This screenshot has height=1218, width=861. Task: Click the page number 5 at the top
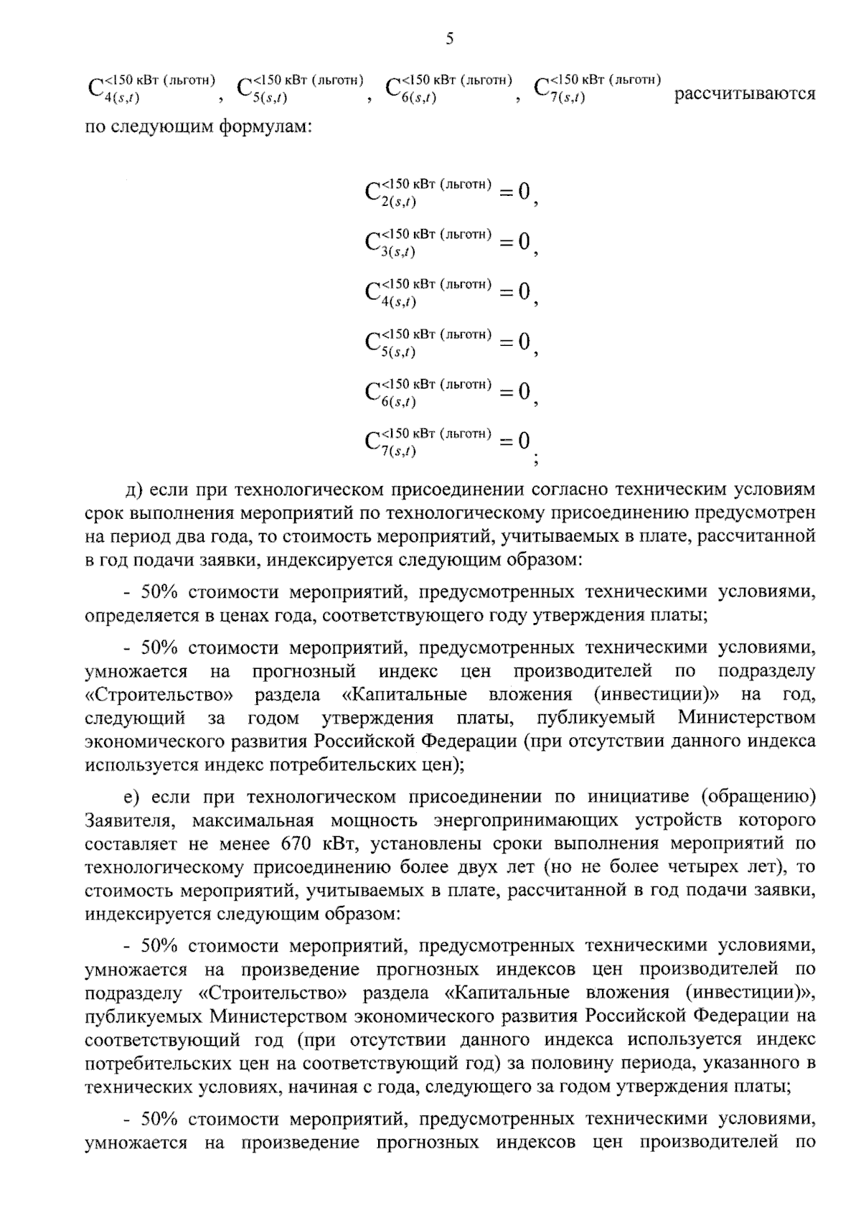[449, 39]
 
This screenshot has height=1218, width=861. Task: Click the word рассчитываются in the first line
[745, 94]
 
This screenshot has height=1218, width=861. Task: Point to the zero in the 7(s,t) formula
[524, 440]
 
